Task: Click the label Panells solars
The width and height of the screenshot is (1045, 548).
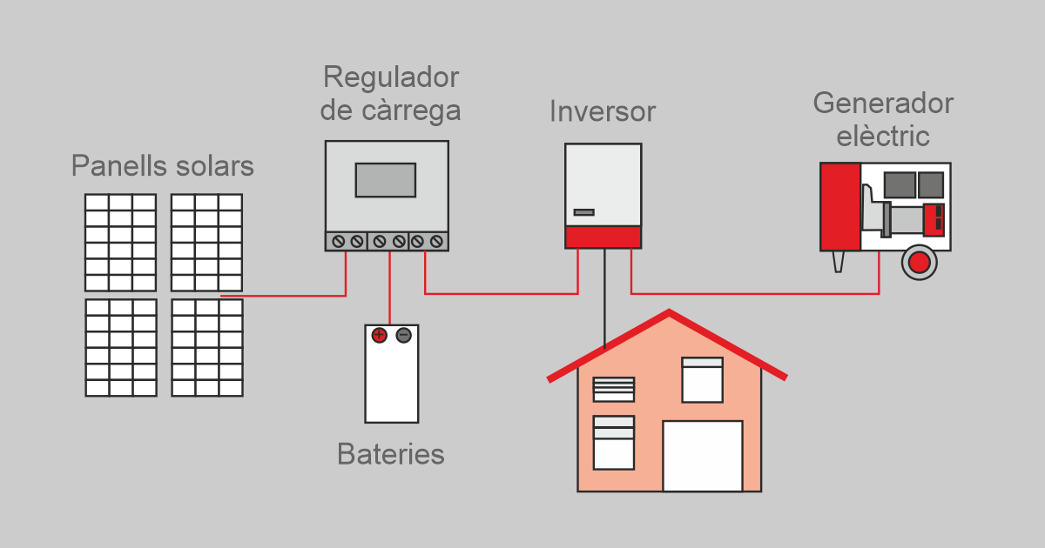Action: pyautogui.click(x=162, y=166)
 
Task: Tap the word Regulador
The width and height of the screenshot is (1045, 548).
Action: pyautogui.click(x=390, y=77)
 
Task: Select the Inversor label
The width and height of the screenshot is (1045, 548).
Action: pyautogui.click(x=602, y=112)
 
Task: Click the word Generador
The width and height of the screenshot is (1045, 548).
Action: pyautogui.click(x=883, y=104)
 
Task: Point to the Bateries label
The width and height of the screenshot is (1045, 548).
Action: pyautogui.click(x=390, y=454)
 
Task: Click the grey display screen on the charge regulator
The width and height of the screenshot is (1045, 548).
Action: pyautogui.click(x=385, y=179)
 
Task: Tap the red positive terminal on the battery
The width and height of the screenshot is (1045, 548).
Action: pyautogui.click(x=379, y=336)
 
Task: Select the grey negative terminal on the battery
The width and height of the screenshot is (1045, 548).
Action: pyautogui.click(x=403, y=336)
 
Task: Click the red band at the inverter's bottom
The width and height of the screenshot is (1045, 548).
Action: pyautogui.click(x=603, y=237)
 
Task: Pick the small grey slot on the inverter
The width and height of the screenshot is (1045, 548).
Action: pyautogui.click(x=583, y=212)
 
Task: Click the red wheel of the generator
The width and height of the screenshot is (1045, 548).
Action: pyautogui.click(x=918, y=261)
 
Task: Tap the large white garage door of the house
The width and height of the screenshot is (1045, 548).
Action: pyautogui.click(x=702, y=456)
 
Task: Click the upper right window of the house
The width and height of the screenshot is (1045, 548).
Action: pyautogui.click(x=702, y=379)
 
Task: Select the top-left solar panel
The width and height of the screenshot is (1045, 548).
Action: pyautogui.click(x=120, y=242)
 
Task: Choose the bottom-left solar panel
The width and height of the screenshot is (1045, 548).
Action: pyautogui.click(x=120, y=347)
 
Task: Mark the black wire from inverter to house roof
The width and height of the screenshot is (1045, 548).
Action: pyautogui.click(x=604, y=296)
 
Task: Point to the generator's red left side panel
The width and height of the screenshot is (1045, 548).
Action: pyautogui.click(x=839, y=206)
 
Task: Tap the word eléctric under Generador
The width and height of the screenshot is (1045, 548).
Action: pyautogui.click(x=883, y=137)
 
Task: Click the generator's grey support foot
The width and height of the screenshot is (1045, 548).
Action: pyautogui.click(x=839, y=261)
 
